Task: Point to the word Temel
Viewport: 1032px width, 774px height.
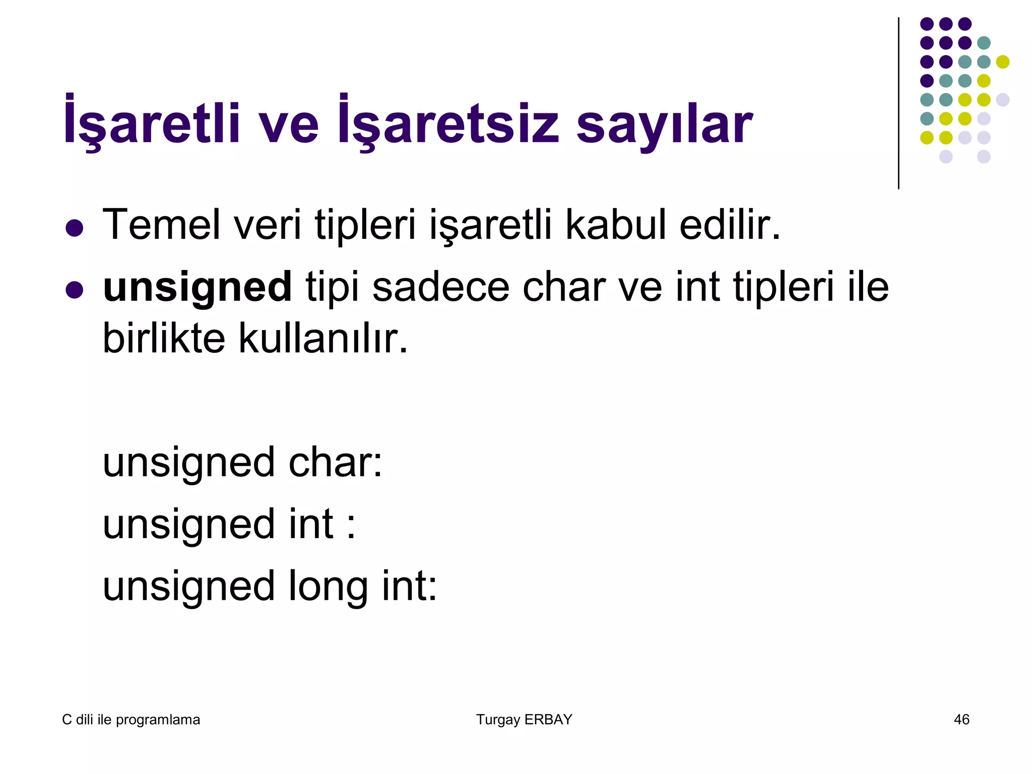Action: [161, 225]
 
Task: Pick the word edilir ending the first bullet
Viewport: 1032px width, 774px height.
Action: [729, 225]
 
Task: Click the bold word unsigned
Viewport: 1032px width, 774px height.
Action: [197, 287]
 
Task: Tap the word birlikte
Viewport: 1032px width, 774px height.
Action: [163, 338]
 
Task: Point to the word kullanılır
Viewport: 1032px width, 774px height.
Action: [322, 338]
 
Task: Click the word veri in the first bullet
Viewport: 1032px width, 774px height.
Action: [267, 225]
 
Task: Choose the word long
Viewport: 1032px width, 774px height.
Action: [328, 587]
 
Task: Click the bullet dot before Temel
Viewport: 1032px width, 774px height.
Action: [74, 228]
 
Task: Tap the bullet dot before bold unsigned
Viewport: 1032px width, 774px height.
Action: [74, 290]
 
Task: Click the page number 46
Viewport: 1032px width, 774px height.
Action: [961, 720]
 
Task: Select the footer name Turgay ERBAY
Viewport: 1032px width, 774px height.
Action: [524, 720]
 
